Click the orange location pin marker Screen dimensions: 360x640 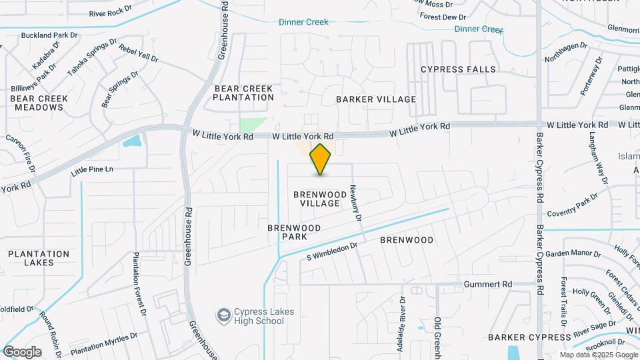pos(321,159)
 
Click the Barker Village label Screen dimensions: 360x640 pos(376,99)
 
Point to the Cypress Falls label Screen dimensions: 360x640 pos(459,69)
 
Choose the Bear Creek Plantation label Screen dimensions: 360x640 pos(244,93)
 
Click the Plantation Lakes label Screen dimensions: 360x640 pos(39,258)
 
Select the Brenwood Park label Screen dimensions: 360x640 pos(294,232)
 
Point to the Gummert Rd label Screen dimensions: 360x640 pos(488,285)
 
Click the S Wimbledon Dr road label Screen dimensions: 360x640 pos(331,251)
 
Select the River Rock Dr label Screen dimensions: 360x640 pos(111,13)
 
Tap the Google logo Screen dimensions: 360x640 pos(22,351)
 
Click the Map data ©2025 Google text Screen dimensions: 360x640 pos(598,355)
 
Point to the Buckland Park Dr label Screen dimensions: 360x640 pos(50,35)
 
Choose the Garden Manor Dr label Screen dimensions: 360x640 pos(573,254)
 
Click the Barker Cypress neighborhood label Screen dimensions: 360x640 pos(521,337)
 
